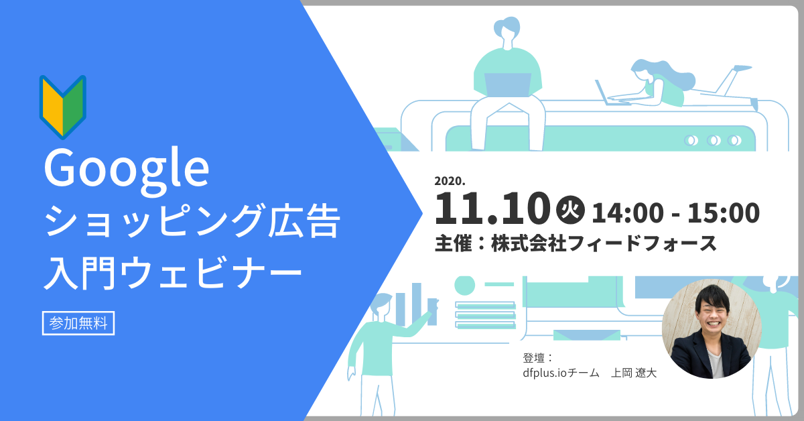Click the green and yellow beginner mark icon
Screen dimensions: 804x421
(x=63, y=107)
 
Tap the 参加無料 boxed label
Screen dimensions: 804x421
(x=78, y=323)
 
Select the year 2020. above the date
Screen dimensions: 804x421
(x=450, y=181)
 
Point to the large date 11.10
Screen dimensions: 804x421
(x=492, y=208)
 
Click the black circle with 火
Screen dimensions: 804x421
(x=570, y=210)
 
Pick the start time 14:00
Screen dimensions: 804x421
(x=627, y=213)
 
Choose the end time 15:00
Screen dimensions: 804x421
(x=723, y=213)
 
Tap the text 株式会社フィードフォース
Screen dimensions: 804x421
(x=604, y=243)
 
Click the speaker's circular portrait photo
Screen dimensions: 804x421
(x=712, y=328)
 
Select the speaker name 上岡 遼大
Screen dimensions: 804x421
(x=634, y=373)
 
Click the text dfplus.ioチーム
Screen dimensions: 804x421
(x=561, y=373)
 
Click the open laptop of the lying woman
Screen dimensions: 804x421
(x=610, y=93)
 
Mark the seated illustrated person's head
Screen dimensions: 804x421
(x=507, y=28)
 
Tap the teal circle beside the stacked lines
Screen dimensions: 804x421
(x=465, y=286)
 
